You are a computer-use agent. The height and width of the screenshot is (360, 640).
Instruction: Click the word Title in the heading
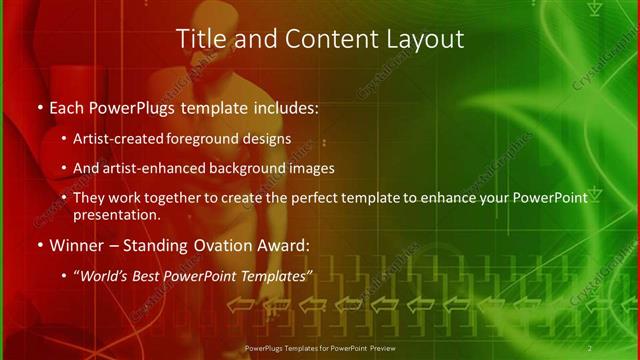(x=200, y=39)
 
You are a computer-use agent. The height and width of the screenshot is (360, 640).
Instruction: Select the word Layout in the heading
(x=426, y=39)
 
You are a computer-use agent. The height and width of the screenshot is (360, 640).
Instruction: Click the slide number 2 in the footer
(x=590, y=348)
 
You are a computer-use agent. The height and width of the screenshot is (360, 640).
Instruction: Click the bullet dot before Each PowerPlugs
(x=38, y=105)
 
